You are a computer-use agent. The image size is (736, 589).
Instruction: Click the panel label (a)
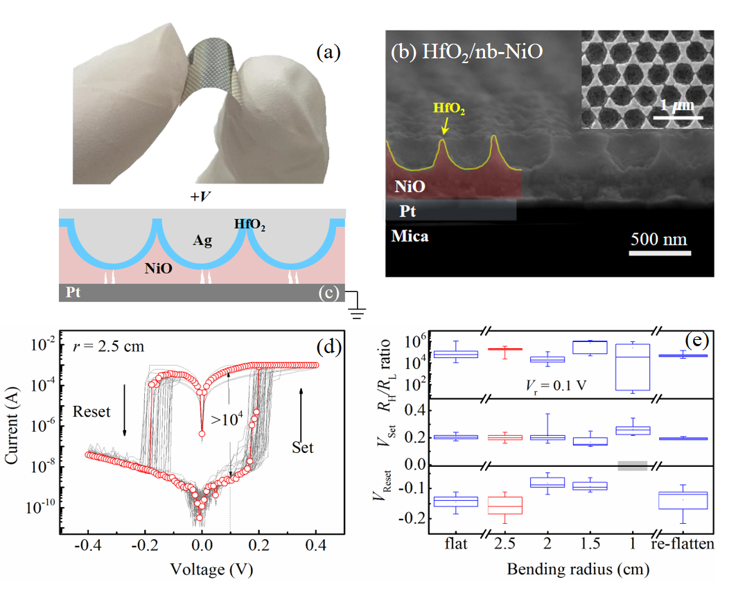click(328, 52)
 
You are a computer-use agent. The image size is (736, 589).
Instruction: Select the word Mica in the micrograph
click(410, 237)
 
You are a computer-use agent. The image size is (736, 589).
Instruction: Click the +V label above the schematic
click(202, 196)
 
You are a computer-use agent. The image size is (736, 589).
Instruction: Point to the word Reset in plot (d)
click(91, 412)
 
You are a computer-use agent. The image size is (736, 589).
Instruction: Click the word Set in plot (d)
click(302, 447)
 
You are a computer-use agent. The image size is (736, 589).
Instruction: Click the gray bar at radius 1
click(632, 466)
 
